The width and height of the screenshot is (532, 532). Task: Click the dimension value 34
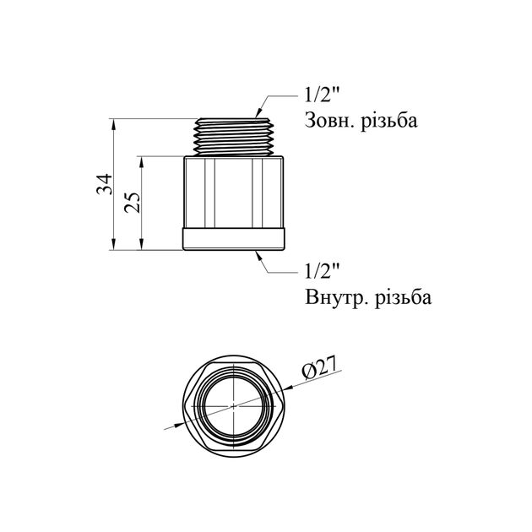(103, 185)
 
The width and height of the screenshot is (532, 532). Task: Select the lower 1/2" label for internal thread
(321, 271)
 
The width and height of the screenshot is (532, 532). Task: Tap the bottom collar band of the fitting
(236, 240)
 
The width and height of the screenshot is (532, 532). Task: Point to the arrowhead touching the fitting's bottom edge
(258, 253)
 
